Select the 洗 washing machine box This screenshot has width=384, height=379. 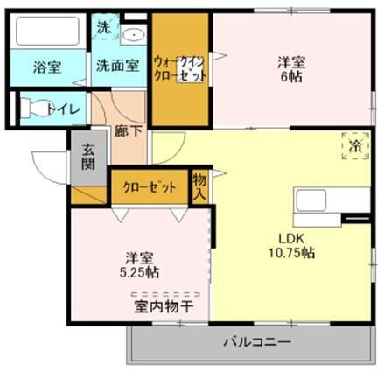pyautogui.click(x=103, y=27)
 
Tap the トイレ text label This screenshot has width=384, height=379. pyautogui.click(x=67, y=109)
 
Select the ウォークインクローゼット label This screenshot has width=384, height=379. pyautogui.click(x=180, y=69)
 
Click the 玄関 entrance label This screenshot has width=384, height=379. pyautogui.click(x=89, y=156)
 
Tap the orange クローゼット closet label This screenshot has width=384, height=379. pyautogui.click(x=150, y=186)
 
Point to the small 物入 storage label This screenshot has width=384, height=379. pyautogui.click(x=200, y=186)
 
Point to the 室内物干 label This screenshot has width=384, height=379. pyautogui.click(x=164, y=306)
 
